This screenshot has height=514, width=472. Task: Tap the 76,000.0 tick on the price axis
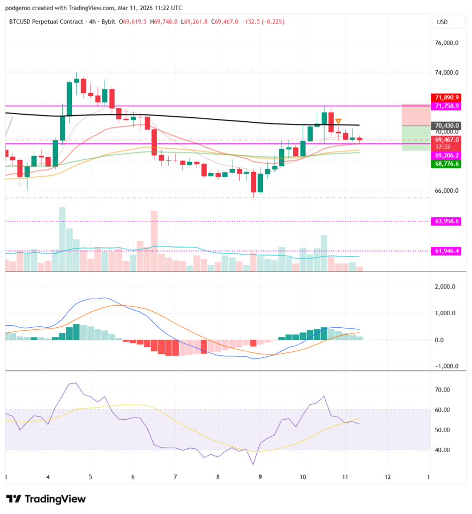pos(447,43)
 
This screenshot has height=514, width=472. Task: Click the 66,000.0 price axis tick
pos(447,191)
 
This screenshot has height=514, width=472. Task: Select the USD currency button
pos(442,22)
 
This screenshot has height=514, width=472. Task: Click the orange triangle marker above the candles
pos(338,121)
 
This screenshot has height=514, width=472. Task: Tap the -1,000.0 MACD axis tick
pos(445,366)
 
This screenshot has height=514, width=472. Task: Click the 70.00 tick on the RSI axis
pos(443,390)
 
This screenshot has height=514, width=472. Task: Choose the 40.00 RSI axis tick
pos(443,450)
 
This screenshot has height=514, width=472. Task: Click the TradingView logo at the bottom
pos(46,499)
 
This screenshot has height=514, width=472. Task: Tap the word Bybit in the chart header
pos(109,22)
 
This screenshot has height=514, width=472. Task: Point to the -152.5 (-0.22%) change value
pos(263,22)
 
